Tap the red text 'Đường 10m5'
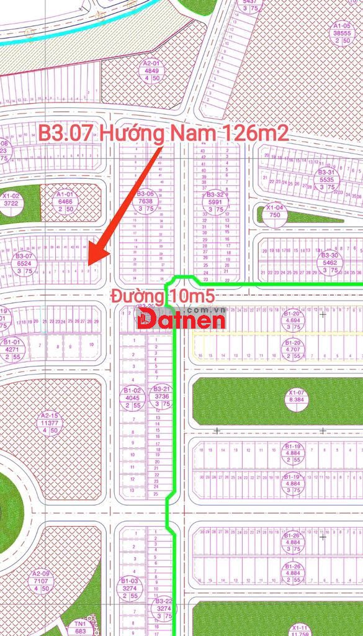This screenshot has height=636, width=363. (x=163, y=296)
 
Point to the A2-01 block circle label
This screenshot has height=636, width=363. (x=151, y=71)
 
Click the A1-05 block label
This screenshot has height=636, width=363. (x=342, y=34)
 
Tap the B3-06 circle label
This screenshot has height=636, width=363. (x=145, y=201)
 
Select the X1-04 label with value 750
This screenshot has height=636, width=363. (x=275, y=211)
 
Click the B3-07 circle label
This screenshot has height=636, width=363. (x=25, y=263)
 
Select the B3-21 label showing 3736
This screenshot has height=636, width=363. (x=162, y=396)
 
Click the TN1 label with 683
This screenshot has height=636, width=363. (x=80, y=627)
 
